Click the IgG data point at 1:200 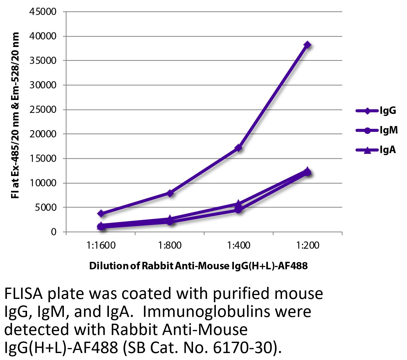pyautogui.click(x=307, y=45)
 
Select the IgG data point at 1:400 pyautogui.click(x=239, y=148)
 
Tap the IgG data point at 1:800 pyautogui.click(x=170, y=193)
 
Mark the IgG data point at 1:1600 pyautogui.click(x=101, y=214)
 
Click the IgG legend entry pyautogui.click(x=387, y=111)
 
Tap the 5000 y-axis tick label pyautogui.click(x=46, y=207)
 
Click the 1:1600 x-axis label pyautogui.click(x=101, y=245)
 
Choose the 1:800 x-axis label pyautogui.click(x=170, y=245)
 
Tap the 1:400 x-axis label pyautogui.click(x=239, y=245)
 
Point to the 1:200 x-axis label pyautogui.click(x=307, y=245)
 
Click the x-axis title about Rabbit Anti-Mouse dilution pyautogui.click(x=198, y=266)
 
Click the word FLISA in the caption pyautogui.click(x=21, y=294)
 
